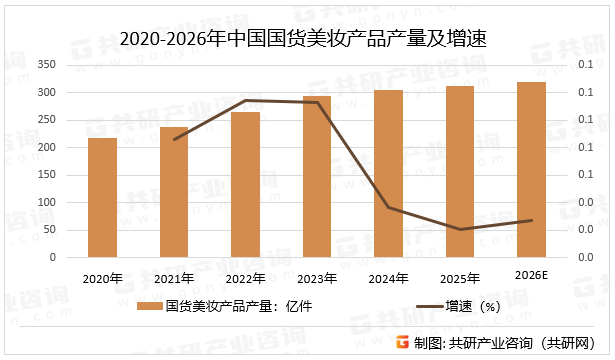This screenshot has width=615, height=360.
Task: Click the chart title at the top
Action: tap(308, 39)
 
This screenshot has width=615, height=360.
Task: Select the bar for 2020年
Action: tap(102, 198)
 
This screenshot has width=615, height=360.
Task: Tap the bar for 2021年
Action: tap(173, 192)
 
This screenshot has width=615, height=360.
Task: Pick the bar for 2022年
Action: tap(245, 185)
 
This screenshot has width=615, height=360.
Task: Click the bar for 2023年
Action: tap(317, 177)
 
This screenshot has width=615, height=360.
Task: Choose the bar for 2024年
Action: tap(388, 174)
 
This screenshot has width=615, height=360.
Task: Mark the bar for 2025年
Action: tap(460, 172)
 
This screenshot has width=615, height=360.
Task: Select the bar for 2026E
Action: tap(531, 170)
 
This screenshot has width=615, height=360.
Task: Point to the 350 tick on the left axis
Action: tap(46, 65)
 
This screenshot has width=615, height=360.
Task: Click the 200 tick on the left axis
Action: tap(46, 147)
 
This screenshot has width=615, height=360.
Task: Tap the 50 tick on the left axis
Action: tap(49, 230)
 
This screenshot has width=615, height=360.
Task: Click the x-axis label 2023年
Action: tap(317, 277)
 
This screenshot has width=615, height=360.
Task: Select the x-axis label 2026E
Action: tap(532, 276)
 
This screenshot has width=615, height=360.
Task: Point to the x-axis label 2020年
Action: tap(102, 277)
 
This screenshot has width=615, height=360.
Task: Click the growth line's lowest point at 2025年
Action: tap(460, 229)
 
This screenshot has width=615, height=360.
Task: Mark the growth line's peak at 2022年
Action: tap(245, 100)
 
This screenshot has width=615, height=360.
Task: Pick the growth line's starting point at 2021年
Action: tap(174, 139)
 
